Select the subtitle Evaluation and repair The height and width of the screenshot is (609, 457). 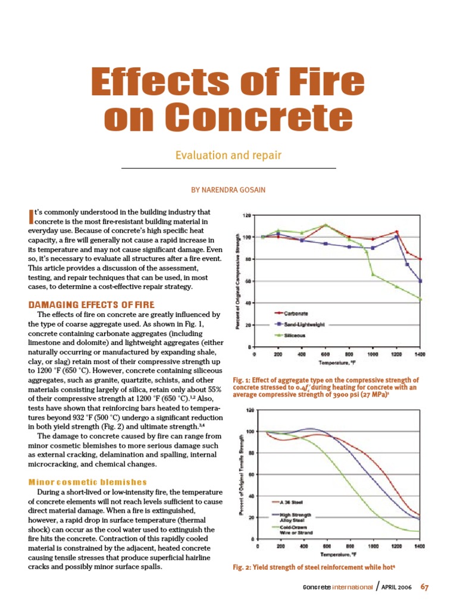pyautogui.click(x=228, y=156)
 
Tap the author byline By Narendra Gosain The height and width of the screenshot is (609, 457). pyautogui.click(x=228, y=190)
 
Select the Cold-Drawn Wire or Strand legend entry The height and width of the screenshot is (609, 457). pyautogui.click(x=292, y=529)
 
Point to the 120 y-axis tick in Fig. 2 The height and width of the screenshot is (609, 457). pyautogui.click(x=250, y=410)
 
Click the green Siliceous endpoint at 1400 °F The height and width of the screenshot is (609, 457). pyautogui.click(x=421, y=299)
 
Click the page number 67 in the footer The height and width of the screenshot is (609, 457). pyautogui.click(x=424, y=588)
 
